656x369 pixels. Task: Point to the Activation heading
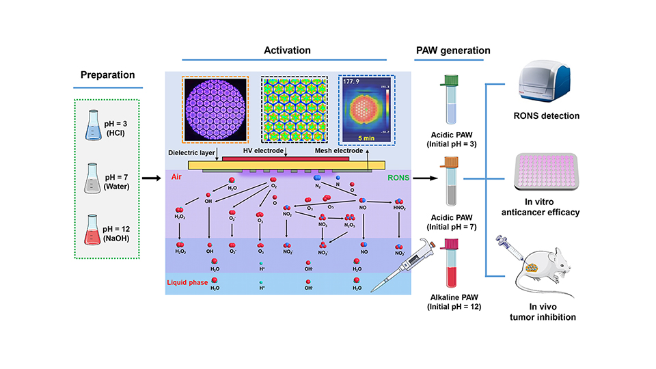pyautogui.click(x=287, y=50)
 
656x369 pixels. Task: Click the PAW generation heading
pyautogui.click(x=452, y=50)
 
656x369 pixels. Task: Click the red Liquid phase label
pyautogui.click(x=189, y=282)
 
